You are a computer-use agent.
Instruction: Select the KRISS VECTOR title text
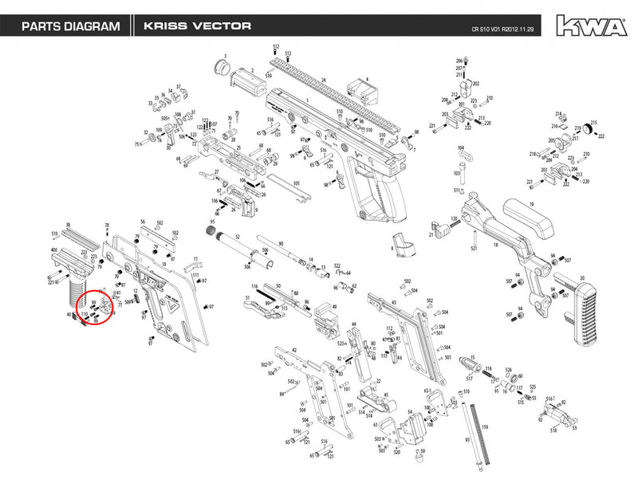point(198,26)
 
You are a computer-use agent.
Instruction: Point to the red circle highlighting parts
point(96,307)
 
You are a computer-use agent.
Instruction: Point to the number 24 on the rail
point(324,81)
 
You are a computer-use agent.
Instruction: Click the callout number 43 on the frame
point(393,302)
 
